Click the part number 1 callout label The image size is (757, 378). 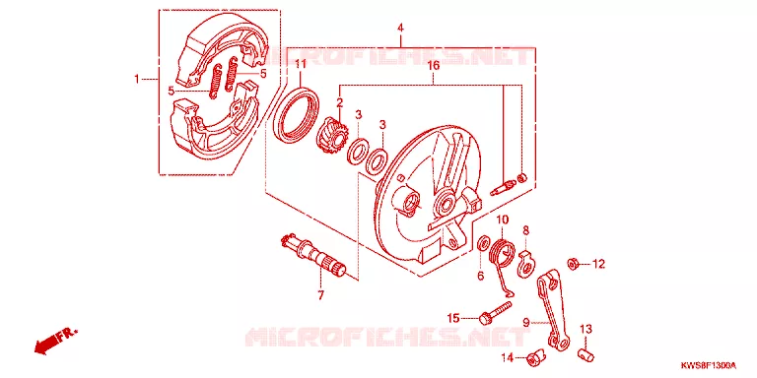coord(137,79)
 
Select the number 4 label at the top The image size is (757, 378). coord(400,29)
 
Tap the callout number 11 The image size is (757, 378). coord(301,64)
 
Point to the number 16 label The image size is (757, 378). coord(434,66)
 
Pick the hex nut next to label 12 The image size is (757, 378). coord(574,264)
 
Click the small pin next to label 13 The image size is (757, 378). coord(585,355)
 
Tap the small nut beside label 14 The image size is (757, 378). coord(533,358)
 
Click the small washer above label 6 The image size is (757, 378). coord(482,243)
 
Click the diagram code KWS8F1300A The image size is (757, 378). coord(709,365)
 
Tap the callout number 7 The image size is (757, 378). coord(321,295)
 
